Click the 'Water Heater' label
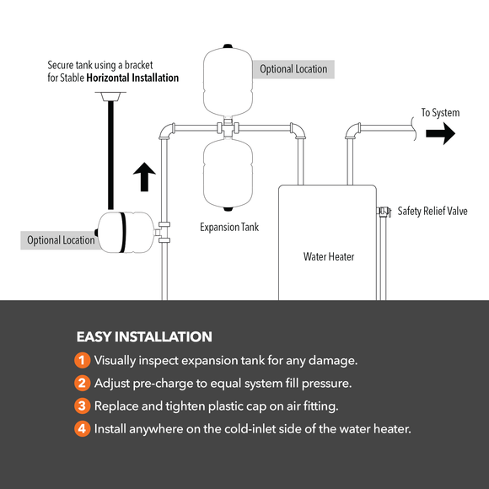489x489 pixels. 329,256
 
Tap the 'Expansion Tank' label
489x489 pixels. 228,227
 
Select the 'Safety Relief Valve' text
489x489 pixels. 432,211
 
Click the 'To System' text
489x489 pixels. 440,112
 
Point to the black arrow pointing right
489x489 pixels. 439,135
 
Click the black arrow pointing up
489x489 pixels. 145,178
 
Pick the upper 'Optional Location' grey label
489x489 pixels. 293,68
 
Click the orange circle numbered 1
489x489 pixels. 82,360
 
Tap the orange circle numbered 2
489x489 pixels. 82,383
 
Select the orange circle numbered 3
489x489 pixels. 82,406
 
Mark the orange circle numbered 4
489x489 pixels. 82,428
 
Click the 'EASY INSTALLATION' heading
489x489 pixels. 144,336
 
